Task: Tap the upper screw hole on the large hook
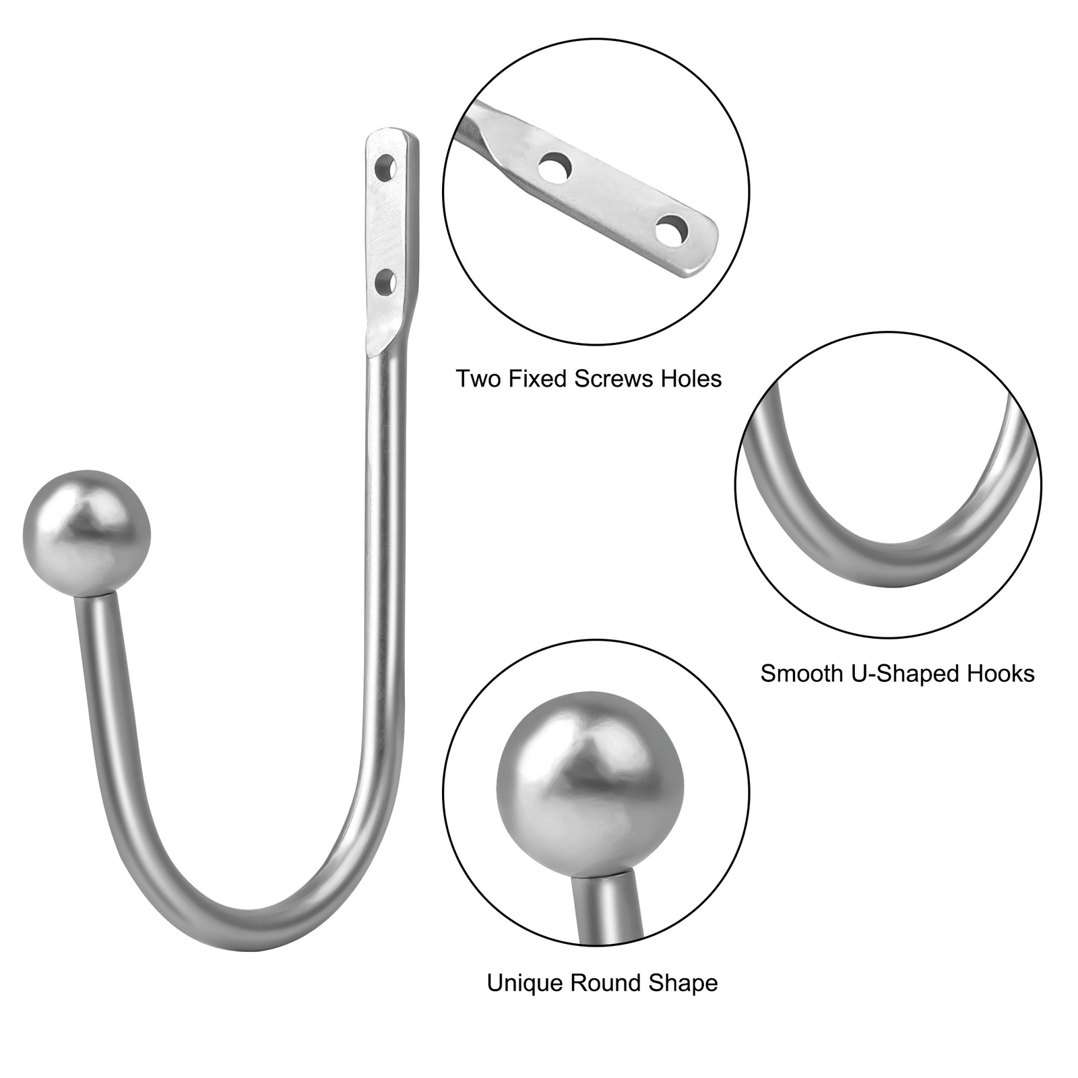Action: (x=385, y=166)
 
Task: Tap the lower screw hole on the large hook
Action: (x=385, y=282)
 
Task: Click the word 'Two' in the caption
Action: (x=479, y=379)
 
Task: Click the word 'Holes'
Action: (x=691, y=379)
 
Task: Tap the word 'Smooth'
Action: (x=802, y=673)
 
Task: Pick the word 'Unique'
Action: (x=525, y=983)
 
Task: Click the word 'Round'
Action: (x=605, y=983)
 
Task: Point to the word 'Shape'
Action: (x=683, y=984)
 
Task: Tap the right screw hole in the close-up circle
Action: (x=671, y=230)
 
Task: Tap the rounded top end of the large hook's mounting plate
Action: (x=393, y=133)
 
